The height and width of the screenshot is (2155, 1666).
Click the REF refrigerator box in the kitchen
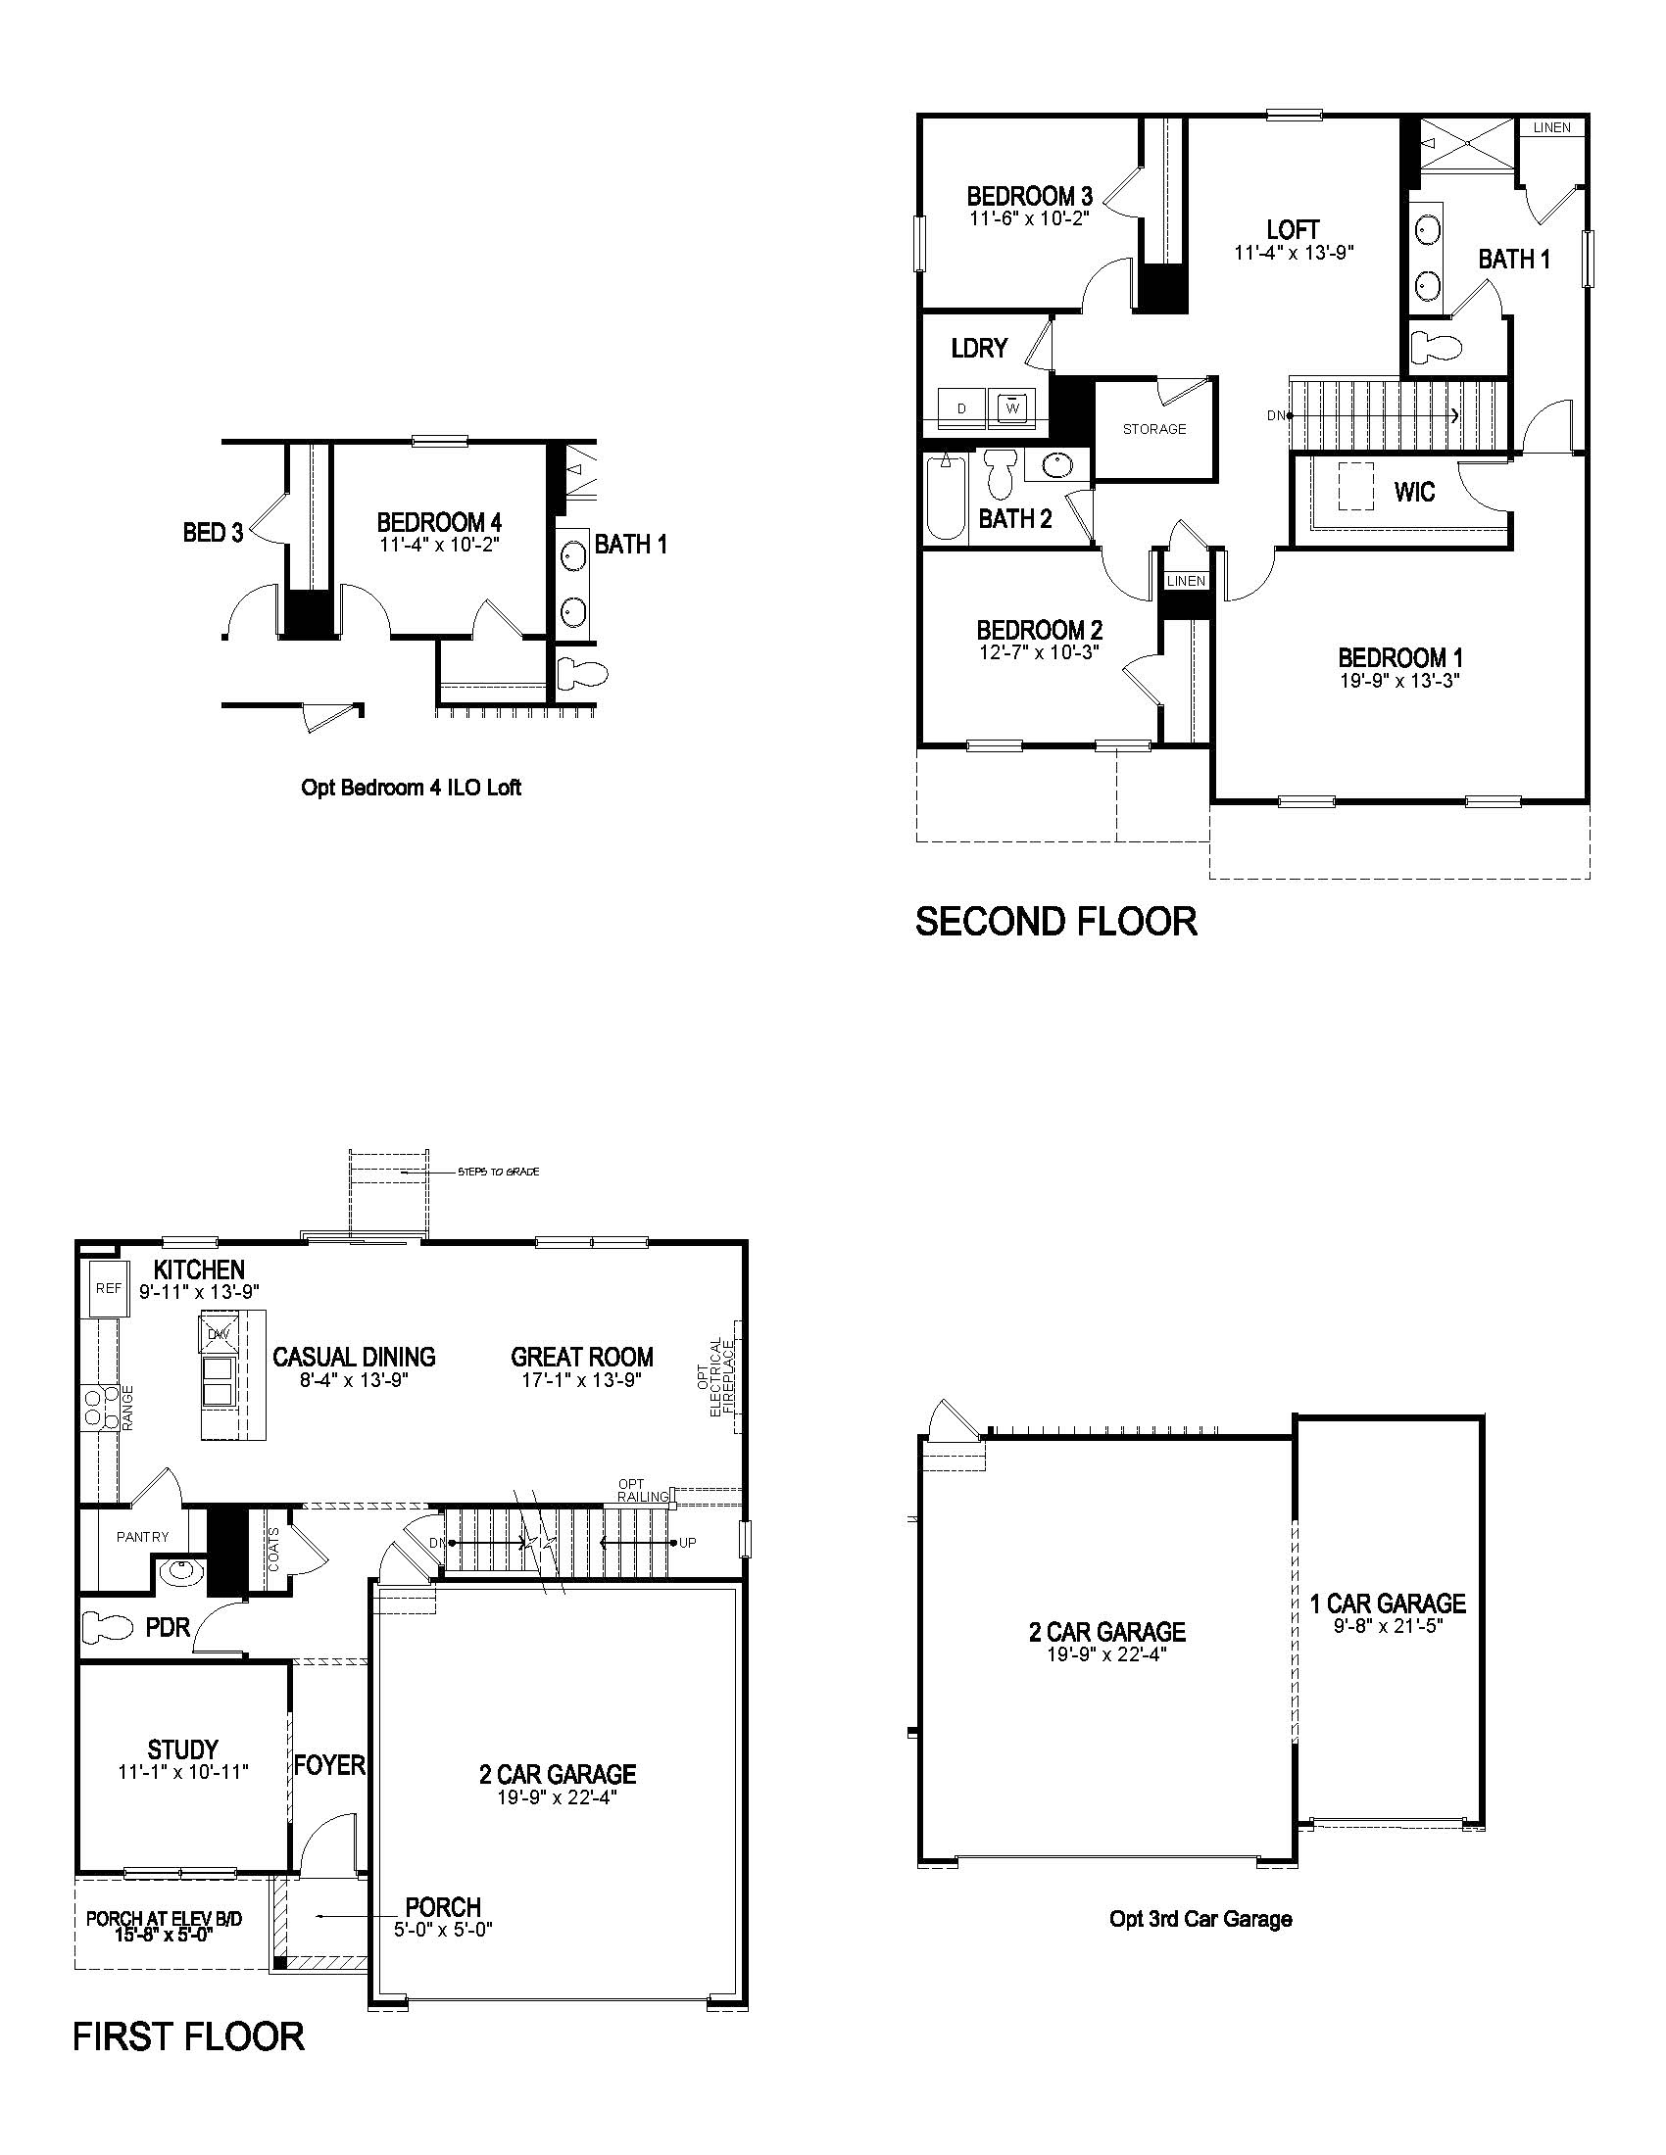pos(109,1288)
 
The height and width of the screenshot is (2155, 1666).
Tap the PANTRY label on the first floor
pos(142,1536)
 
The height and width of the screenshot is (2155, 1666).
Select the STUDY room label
pos(182,1749)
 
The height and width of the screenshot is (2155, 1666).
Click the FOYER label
pos(329,1764)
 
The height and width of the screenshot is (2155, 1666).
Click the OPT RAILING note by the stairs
pos(644,1490)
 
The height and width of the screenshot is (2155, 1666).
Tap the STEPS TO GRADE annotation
pos(499,1173)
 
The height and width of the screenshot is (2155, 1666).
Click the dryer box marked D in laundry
pos(962,408)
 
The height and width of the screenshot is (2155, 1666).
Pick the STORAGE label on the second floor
pos(1153,429)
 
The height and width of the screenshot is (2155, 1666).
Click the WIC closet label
pos(1414,492)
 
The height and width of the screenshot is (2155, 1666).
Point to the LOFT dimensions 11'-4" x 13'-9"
pos(1293,253)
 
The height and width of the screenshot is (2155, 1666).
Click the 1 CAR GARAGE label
pos(1388,1604)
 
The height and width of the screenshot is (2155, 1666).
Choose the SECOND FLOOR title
pos(1056,921)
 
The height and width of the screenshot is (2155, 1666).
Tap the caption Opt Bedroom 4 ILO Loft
pos(411,788)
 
